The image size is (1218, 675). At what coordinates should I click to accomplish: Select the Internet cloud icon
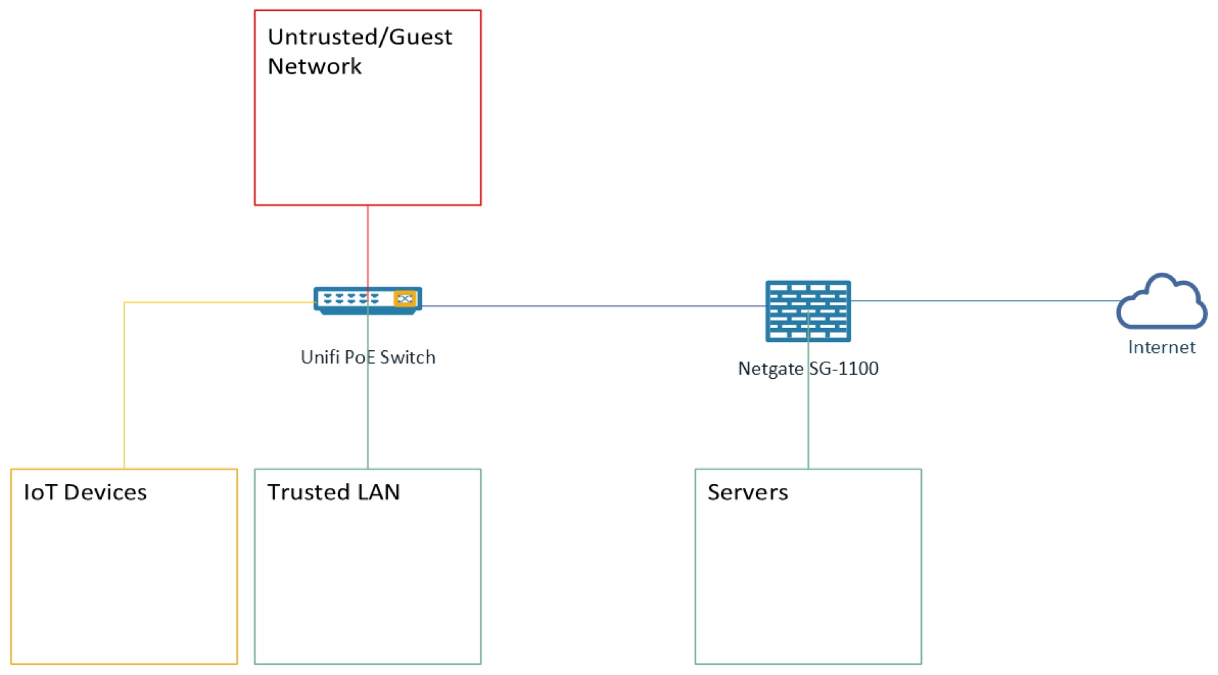coord(1161,303)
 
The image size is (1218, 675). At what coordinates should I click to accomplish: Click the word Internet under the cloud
coord(1161,347)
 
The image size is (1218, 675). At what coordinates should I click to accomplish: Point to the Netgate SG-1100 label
coord(808,368)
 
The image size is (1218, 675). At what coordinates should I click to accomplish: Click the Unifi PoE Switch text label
coord(367,357)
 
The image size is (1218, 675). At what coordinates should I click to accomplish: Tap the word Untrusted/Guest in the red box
coord(360,37)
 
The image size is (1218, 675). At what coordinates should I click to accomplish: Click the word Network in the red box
coord(315,66)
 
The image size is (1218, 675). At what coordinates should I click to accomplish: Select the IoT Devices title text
coord(85,492)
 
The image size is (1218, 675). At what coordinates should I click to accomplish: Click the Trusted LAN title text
coord(333,492)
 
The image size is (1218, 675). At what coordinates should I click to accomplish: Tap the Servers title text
coord(747,492)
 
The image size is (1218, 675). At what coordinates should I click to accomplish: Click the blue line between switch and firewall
coord(590,306)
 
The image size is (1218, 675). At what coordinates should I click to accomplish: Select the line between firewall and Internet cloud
coord(983,301)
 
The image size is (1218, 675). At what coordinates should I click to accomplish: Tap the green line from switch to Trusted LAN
coord(367,419)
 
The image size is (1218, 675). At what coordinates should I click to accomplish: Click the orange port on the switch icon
coord(405,299)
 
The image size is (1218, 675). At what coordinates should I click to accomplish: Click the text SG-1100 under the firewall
coord(844,368)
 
